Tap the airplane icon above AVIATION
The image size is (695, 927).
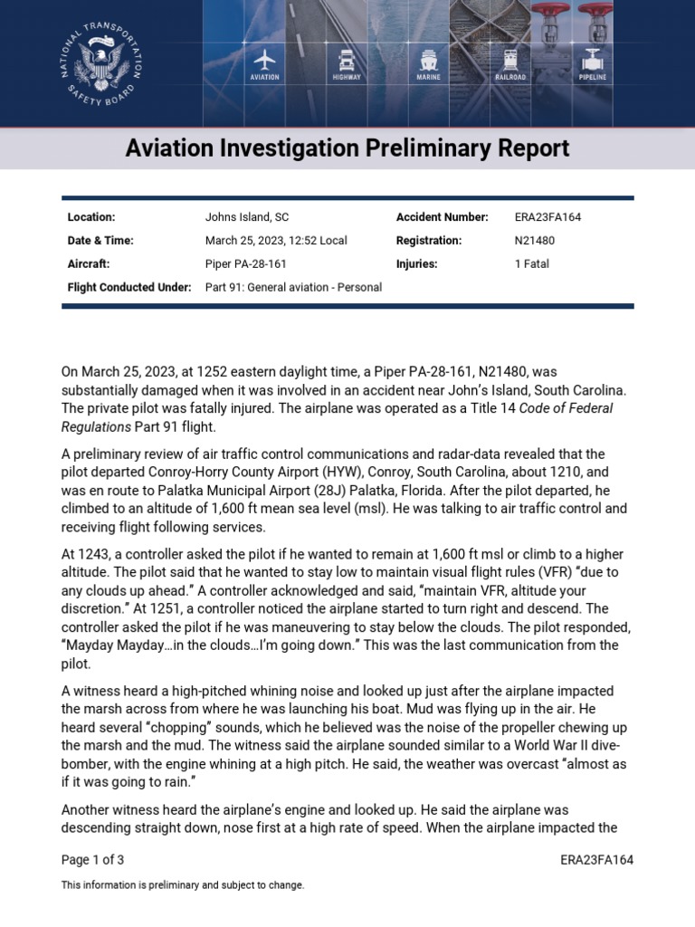click(264, 61)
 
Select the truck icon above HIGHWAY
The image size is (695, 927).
click(346, 61)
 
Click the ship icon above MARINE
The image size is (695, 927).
click(428, 61)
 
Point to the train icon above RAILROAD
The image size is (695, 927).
click(510, 61)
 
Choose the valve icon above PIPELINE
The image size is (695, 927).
click(593, 61)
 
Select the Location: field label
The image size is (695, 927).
click(91, 217)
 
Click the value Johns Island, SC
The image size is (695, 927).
click(247, 217)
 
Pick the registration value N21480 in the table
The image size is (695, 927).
click(535, 241)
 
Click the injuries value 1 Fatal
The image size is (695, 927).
click(532, 264)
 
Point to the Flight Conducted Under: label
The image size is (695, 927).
click(129, 287)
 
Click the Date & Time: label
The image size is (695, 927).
click(100, 241)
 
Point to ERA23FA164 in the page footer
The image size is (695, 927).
click(596, 860)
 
